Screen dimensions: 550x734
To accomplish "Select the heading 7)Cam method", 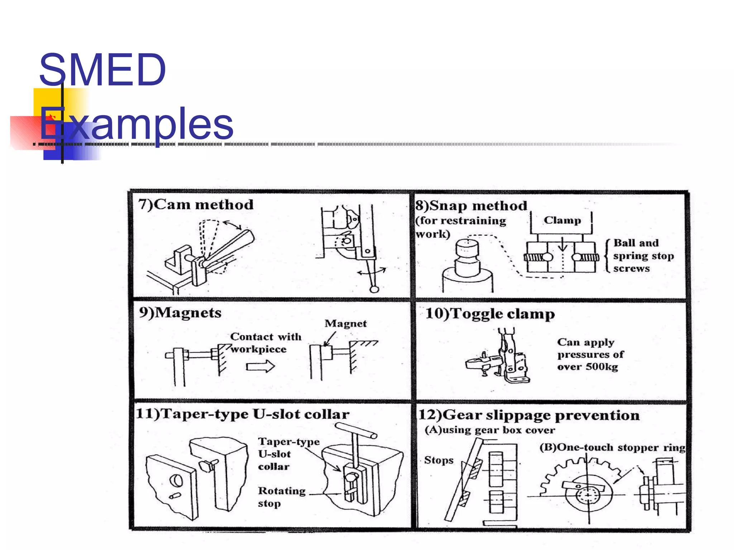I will (x=196, y=204).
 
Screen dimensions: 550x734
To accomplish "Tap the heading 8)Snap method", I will (x=471, y=206).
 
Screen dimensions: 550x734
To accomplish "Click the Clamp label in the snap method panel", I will (x=562, y=220).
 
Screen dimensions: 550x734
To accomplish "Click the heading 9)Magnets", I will (x=180, y=313).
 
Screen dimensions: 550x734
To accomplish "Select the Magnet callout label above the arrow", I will (x=345, y=323).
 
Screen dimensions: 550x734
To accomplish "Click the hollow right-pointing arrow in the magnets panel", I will (x=261, y=366).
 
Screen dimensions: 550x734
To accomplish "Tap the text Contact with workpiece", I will (x=265, y=343).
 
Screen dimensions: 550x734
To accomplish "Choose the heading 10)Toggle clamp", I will (x=490, y=314).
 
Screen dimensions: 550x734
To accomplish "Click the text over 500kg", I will (x=587, y=367).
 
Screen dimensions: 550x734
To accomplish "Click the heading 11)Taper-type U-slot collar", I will (x=243, y=414).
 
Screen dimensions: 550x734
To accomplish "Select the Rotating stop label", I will (x=281, y=497).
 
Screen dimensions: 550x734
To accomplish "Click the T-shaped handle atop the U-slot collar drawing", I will (x=356, y=430).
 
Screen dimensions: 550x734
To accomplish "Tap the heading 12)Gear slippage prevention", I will (x=529, y=415).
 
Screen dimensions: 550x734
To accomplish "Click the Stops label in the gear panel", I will (x=439, y=460).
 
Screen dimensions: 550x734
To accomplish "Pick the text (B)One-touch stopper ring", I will (x=612, y=448).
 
